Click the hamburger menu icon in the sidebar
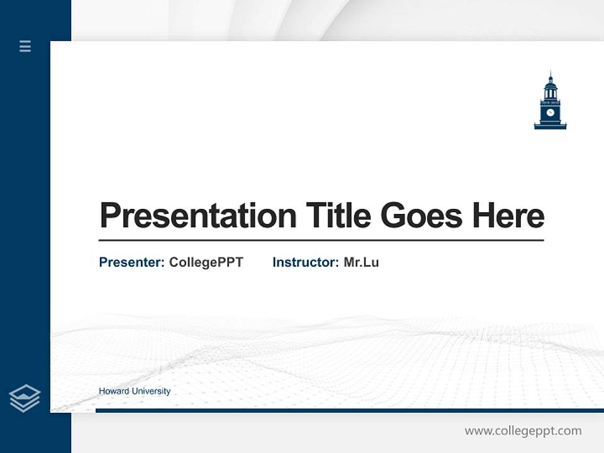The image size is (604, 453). pos(25,46)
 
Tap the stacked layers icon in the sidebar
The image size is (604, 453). pos(25,398)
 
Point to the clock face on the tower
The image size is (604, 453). pos(550,113)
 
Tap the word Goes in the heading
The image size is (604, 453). pos(422,216)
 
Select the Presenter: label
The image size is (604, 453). pos(131,262)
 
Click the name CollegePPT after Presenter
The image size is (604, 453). pos(206,262)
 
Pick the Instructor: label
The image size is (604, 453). pos(305,262)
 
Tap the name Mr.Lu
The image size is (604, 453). pos(361,262)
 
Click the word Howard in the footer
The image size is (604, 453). pos(113,391)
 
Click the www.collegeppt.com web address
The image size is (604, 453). pos(523,431)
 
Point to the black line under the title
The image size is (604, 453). pos(321,240)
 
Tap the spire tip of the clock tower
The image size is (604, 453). pos(550,72)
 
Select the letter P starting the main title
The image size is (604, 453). pos(109,216)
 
